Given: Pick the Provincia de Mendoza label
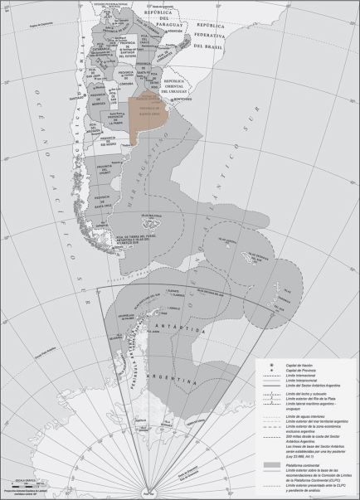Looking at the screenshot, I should (x=99, y=105).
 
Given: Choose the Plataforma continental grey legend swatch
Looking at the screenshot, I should (x=264, y=444).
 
